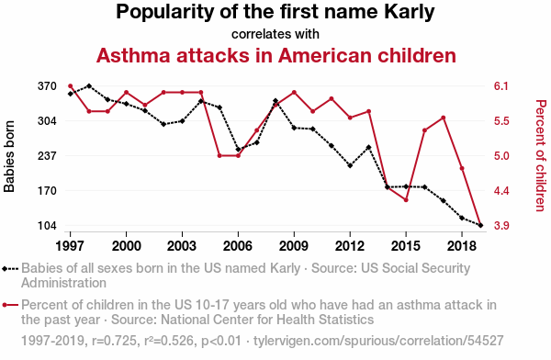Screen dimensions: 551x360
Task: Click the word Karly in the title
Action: [x=409, y=12]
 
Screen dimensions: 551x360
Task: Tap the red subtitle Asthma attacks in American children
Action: [x=275, y=55]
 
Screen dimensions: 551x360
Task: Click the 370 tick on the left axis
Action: [x=47, y=86]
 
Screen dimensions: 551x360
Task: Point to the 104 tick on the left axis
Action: [x=47, y=225]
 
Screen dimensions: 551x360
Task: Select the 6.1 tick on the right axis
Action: [x=501, y=86]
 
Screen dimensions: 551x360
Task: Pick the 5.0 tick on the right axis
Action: [x=501, y=156]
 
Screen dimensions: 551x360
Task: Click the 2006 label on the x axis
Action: [x=238, y=246]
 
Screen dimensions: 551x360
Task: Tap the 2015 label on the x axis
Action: [x=406, y=246]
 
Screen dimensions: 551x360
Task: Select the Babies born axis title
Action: [x=9, y=156]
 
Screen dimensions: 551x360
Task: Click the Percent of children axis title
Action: [x=541, y=156]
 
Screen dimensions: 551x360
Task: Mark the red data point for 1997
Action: [x=71, y=86]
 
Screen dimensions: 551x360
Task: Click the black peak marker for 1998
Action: [x=89, y=86]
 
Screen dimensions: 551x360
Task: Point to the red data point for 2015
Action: [x=406, y=200]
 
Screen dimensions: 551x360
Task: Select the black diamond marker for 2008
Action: [x=275, y=101]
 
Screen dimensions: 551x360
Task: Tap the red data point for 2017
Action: [x=444, y=118]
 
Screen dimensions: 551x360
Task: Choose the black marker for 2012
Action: [x=350, y=165]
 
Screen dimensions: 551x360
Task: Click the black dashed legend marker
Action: [x=9, y=269]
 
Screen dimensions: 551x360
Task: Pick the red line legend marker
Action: [x=9, y=305]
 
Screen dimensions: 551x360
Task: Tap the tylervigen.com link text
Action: [x=378, y=341]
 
